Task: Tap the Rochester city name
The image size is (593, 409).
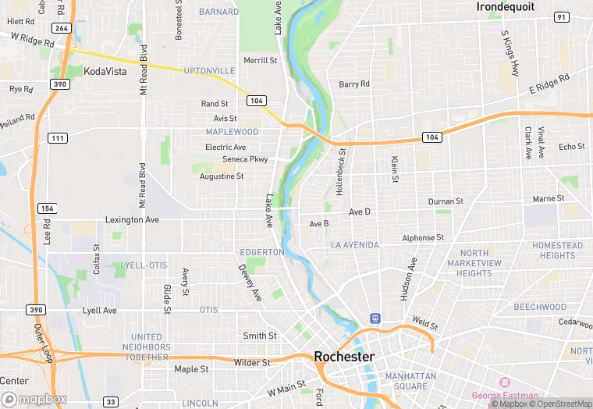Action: point(344,357)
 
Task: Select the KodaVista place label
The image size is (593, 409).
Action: point(105,70)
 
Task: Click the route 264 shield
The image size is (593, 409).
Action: point(62,28)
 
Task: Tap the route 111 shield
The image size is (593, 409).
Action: point(57,138)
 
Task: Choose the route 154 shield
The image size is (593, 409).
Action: point(48,208)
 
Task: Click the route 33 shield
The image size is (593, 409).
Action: point(111,401)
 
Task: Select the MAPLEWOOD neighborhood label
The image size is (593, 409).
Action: point(232,132)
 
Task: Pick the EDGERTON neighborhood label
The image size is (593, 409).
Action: point(261,253)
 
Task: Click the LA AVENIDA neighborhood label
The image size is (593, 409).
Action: point(354,245)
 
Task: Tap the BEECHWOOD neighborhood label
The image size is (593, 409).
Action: point(540,308)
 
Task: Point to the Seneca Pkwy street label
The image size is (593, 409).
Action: point(245,159)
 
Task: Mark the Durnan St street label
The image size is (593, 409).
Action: point(446,201)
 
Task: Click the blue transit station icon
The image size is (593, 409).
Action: point(375,318)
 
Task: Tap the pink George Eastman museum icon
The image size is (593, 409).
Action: point(504,382)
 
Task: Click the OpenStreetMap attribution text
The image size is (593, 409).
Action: point(559,404)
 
